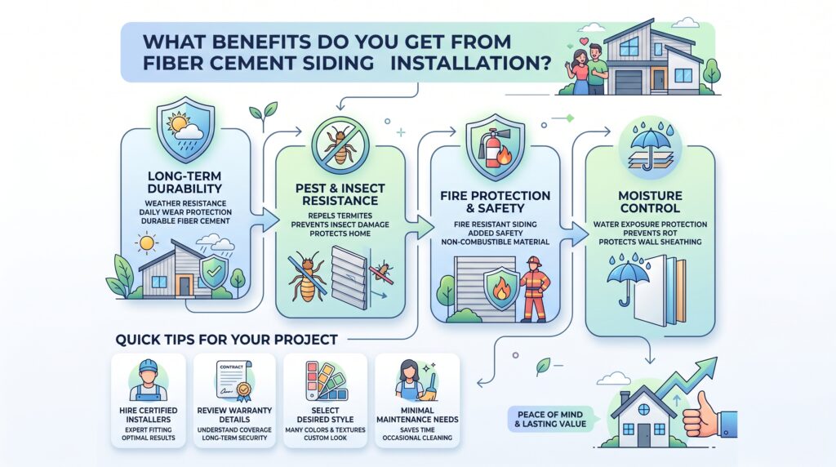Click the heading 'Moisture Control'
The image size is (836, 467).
[x=650, y=202]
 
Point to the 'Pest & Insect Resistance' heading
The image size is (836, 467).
[x=340, y=194]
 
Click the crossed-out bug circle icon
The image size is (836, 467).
[x=340, y=143]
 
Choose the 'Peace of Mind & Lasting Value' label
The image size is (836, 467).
[x=550, y=419]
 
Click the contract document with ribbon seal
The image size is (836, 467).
[x=234, y=380]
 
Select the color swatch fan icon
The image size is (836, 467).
[x=326, y=380]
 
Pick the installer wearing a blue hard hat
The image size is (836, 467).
[x=149, y=380]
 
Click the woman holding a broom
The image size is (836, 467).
[x=416, y=380]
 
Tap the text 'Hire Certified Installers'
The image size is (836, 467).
[x=149, y=415]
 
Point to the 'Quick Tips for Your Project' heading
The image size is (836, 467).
[x=227, y=340]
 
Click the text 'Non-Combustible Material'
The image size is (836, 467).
[x=496, y=242]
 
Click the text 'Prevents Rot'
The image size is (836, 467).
[x=650, y=233]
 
